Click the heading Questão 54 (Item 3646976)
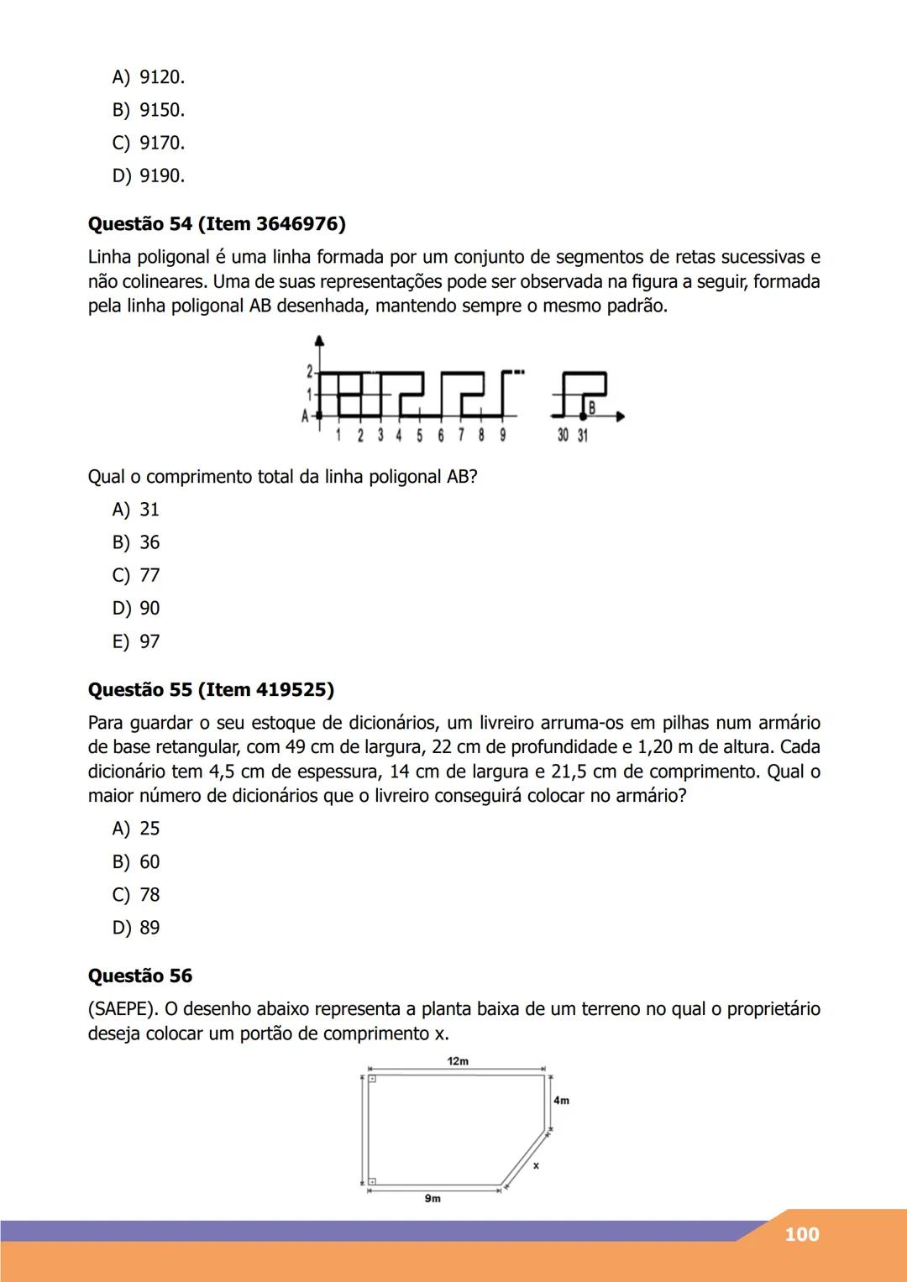pyautogui.click(x=217, y=224)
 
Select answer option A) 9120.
pyautogui.click(x=149, y=77)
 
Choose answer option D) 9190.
pyautogui.click(x=149, y=175)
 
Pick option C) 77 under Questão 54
pyautogui.click(x=136, y=575)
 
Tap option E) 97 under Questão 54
pyautogui.click(x=136, y=641)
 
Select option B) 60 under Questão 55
pyautogui.click(x=136, y=861)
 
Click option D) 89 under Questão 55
pyautogui.click(x=136, y=928)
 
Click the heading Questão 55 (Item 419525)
pyautogui.click(x=211, y=690)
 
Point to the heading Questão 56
pyautogui.click(x=140, y=976)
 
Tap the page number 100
pyautogui.click(x=801, y=1234)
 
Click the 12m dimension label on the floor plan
pyautogui.click(x=458, y=1061)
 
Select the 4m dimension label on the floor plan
pyautogui.click(x=561, y=1100)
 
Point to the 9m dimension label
pyautogui.click(x=432, y=1199)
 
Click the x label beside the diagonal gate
pyautogui.click(x=536, y=1165)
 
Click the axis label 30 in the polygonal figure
pyautogui.click(x=563, y=436)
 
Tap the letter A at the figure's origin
pyautogui.click(x=305, y=415)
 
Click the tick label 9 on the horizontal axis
pyautogui.click(x=502, y=436)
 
